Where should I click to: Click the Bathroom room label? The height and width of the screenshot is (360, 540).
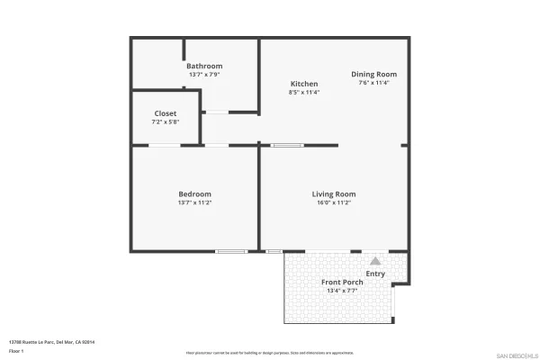click(204, 66)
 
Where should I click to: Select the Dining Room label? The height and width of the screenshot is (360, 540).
click(373, 74)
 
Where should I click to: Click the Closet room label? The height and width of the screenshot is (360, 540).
click(165, 113)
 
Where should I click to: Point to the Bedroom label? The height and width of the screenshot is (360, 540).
click(194, 194)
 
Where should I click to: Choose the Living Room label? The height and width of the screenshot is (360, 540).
click(334, 194)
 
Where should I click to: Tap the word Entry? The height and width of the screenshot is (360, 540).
click(375, 274)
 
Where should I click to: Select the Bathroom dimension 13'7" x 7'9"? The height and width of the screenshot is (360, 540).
click(204, 74)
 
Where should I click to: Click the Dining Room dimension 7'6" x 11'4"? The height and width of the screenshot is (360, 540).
click(373, 82)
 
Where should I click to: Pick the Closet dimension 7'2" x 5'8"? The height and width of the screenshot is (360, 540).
click(165, 121)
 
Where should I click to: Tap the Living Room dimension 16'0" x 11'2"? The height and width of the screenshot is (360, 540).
click(334, 202)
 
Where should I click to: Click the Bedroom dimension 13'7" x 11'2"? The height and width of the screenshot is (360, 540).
click(194, 202)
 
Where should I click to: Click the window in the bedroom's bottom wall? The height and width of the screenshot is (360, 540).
click(231, 251)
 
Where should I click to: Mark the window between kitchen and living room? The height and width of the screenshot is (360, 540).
click(288, 145)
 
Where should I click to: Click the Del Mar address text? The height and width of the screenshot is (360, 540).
click(51, 342)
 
